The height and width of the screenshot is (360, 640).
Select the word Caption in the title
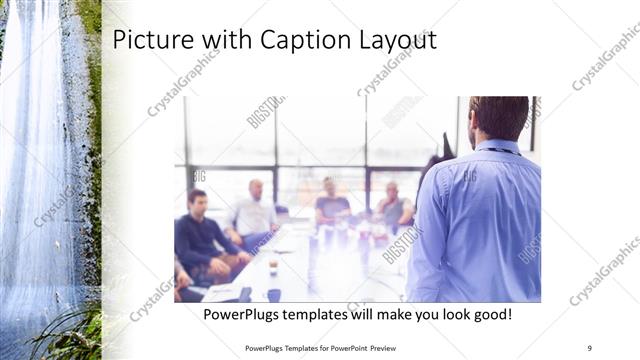pyautogui.click(x=290, y=41)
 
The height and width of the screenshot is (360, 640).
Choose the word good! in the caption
pyautogui.click(x=490, y=314)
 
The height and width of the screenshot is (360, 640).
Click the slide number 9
pyautogui.click(x=589, y=347)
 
